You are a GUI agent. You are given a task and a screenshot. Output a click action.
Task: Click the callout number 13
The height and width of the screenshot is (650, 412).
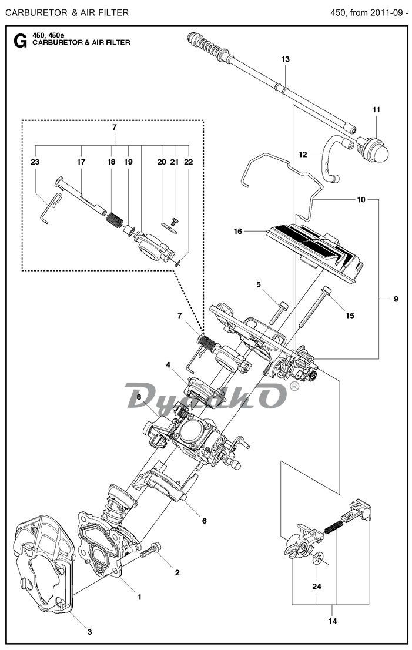[x=285, y=59]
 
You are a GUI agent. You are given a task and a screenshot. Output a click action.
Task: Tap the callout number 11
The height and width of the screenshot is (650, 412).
[x=376, y=110]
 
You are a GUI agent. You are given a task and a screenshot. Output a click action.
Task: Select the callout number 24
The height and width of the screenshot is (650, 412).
[x=317, y=587]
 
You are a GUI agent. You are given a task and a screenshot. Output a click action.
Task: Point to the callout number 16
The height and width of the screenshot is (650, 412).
[x=237, y=232]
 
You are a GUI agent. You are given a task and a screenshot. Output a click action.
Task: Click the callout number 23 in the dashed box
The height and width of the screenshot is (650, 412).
[x=35, y=162]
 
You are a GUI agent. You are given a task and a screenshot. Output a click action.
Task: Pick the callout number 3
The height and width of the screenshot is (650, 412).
[x=89, y=632]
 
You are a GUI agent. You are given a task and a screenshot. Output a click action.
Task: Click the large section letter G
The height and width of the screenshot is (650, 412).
[x=21, y=41]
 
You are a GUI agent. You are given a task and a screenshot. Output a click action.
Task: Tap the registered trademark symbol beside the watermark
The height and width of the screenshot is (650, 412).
[x=294, y=386]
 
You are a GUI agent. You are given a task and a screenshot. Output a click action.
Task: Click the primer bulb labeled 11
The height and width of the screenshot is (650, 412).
[x=374, y=149]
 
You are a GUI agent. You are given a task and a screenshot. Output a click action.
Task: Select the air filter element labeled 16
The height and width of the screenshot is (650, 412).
[x=315, y=252]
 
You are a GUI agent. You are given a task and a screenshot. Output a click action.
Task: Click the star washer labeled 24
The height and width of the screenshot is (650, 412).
[x=318, y=559]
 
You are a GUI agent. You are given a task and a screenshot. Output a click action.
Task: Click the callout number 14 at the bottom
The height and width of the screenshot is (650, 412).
[x=333, y=621]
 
